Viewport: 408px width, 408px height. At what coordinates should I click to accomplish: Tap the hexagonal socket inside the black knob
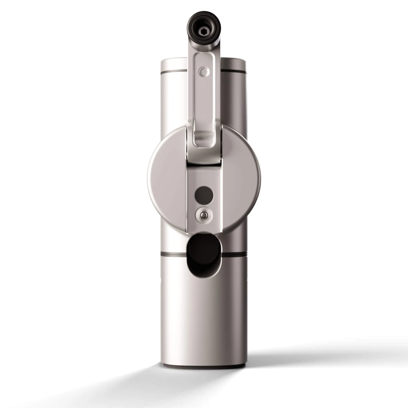coord(204,32)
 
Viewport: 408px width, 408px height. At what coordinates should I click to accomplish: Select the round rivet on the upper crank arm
coord(203,72)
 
